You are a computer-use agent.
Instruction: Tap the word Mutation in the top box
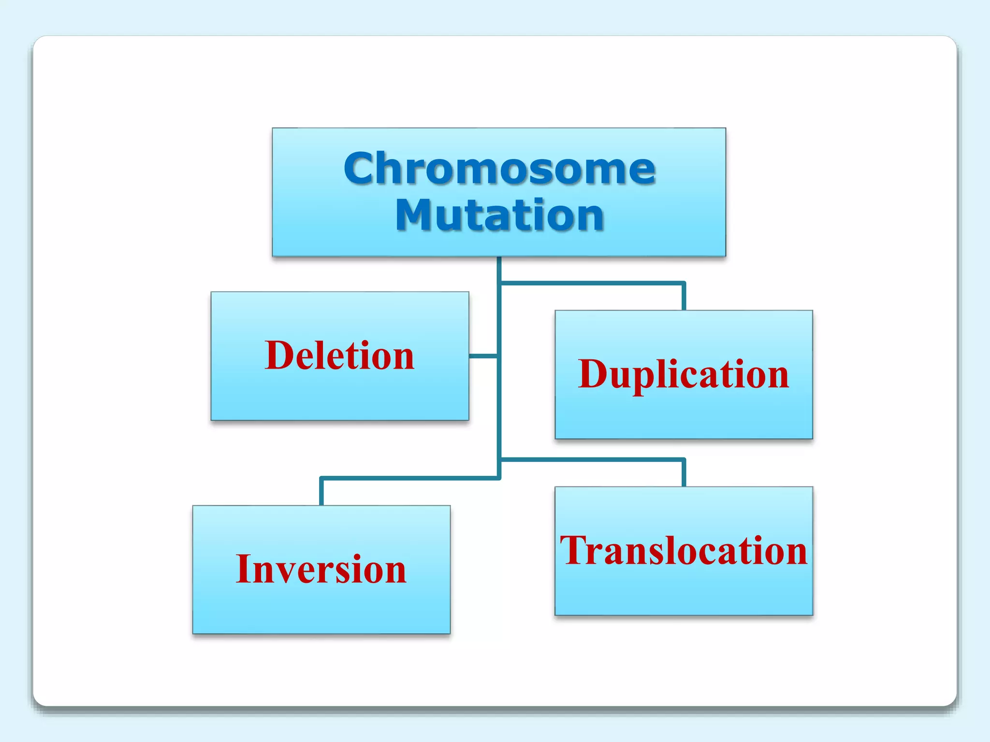[499, 215]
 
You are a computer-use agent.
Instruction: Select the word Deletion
[339, 356]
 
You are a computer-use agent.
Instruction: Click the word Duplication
[683, 375]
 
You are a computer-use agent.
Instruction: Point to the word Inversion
[321, 570]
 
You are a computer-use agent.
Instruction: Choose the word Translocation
[684, 551]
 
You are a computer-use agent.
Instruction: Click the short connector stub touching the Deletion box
[483, 356]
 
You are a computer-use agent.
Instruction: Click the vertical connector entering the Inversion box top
[321, 492]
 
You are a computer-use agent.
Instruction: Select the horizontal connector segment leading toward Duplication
[592, 284]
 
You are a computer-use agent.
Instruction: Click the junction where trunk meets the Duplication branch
[499, 284]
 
